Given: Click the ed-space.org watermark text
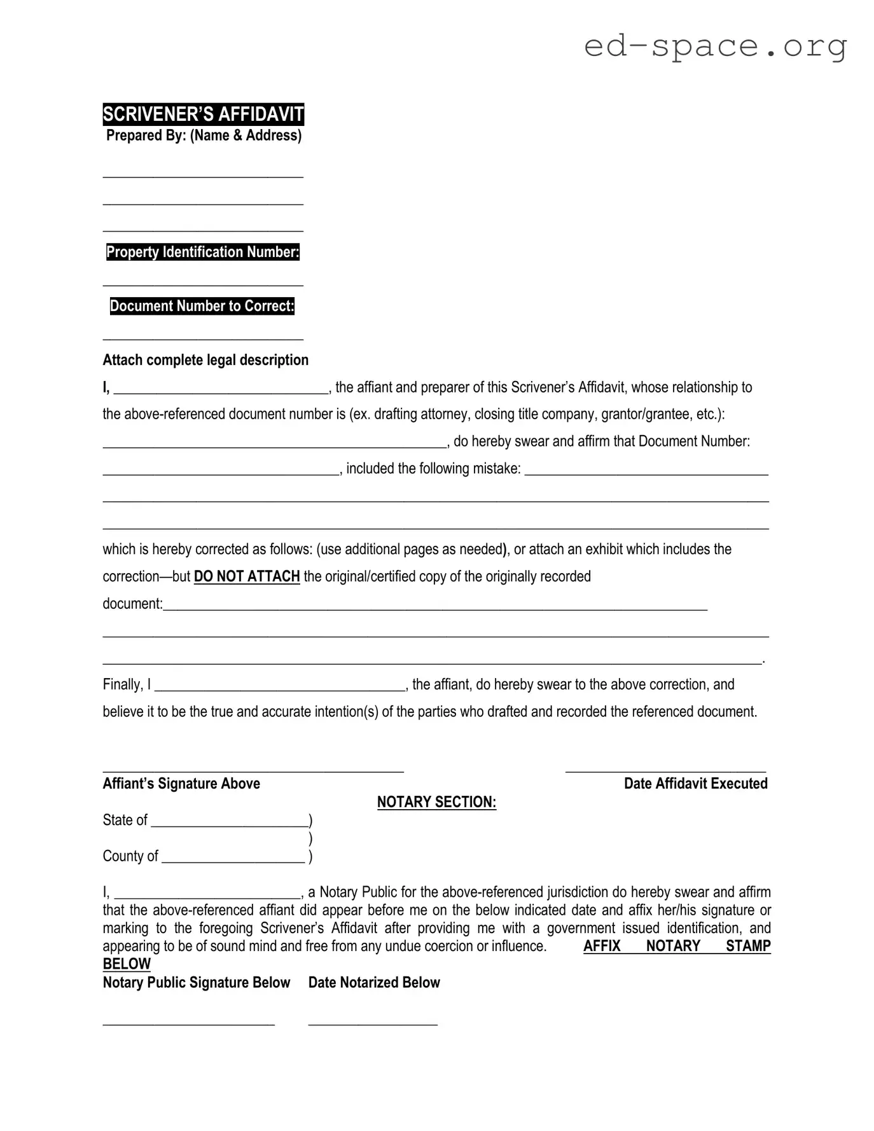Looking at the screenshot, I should point(715,46).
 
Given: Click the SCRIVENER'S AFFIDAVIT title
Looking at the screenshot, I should point(203,114).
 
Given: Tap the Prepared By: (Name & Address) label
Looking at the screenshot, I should point(204,135).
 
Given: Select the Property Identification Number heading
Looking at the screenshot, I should point(202,252).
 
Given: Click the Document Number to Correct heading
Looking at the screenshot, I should point(202,306).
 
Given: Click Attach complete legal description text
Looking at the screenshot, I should point(205,360).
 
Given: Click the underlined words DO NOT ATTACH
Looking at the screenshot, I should point(247,576).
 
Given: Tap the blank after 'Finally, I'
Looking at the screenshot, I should point(280,687).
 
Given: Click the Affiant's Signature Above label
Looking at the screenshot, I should point(181,784).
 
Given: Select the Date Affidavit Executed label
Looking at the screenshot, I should point(695,784).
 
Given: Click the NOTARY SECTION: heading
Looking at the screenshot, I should point(436,802).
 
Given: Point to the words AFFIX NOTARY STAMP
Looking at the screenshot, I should point(676,946).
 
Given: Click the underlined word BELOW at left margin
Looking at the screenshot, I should point(127,964).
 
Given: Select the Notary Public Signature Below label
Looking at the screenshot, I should point(196,983).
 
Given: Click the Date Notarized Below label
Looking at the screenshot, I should point(374,983).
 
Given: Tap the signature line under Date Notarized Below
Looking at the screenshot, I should point(373,1022).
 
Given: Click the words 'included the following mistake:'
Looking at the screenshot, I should point(433,469).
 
